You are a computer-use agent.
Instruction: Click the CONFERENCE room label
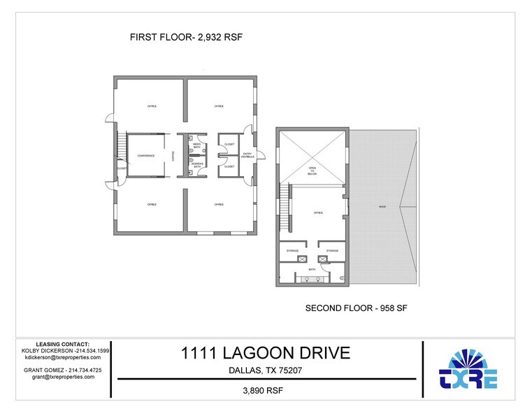click(146, 155)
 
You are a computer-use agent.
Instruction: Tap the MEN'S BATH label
click(196, 145)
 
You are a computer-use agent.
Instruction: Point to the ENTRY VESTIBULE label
click(247, 155)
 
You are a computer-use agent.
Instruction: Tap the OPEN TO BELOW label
click(312, 170)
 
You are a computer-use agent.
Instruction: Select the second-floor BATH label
click(312, 268)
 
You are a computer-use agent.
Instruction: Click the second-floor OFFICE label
click(318, 212)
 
